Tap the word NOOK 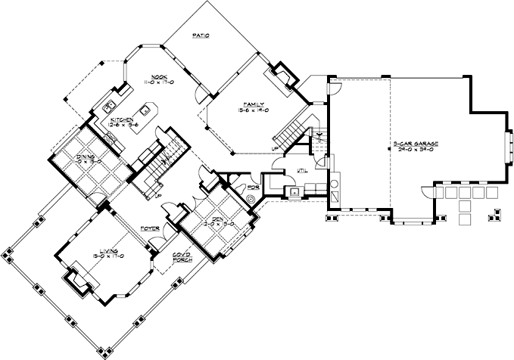click(157, 76)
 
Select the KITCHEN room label click(123, 119)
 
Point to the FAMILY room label click(254, 103)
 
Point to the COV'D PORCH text click(182, 256)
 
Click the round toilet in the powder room click(251, 198)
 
